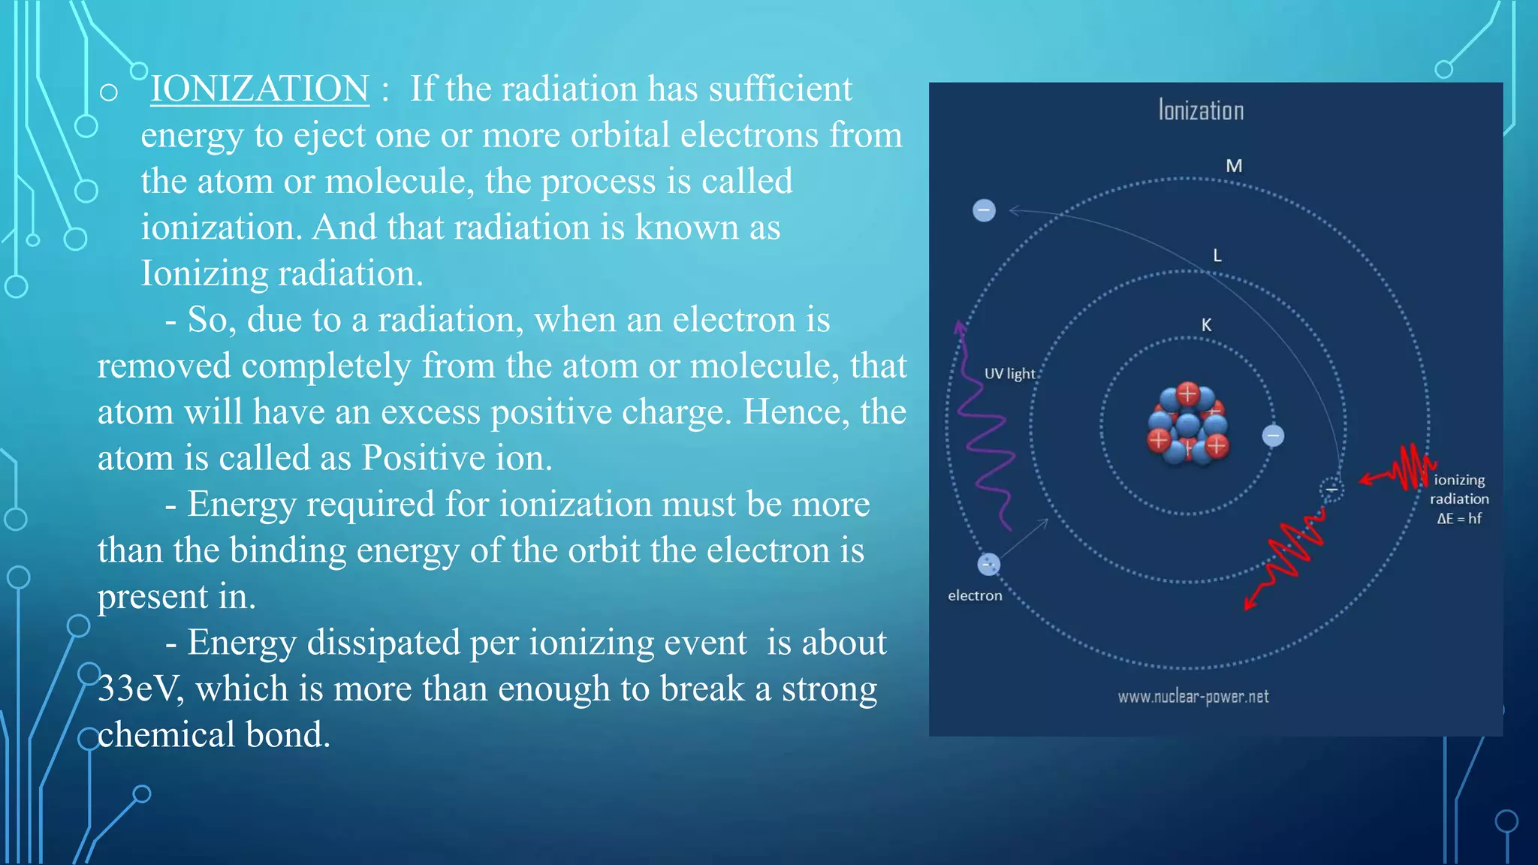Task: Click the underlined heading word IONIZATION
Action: click(259, 89)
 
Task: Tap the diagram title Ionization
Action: click(1200, 110)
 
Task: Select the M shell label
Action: click(1234, 166)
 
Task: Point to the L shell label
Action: click(1217, 255)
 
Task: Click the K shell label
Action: click(1206, 325)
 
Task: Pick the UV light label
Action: click(1009, 374)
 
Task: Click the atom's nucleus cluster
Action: click(1188, 426)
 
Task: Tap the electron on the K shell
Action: click(1273, 436)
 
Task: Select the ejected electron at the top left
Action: click(984, 210)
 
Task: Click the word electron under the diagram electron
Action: click(975, 595)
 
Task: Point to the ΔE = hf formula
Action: click(1458, 518)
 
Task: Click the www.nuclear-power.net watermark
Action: click(1193, 697)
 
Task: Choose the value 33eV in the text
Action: click(140, 689)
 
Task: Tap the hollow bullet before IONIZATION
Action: click(109, 92)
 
